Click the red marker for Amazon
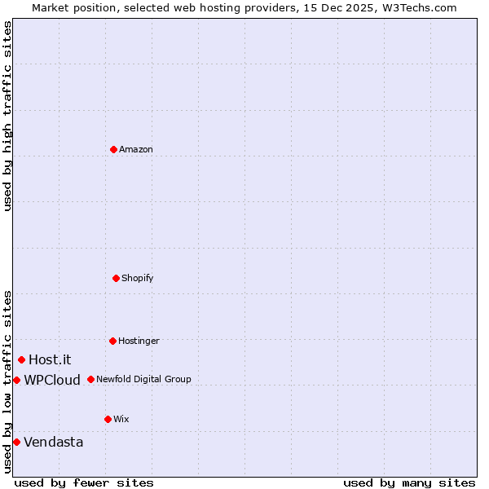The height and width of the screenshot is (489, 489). point(113,149)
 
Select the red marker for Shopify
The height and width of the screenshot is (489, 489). point(116,278)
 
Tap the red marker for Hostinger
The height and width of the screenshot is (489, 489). point(112,341)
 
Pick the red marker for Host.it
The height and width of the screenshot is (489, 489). point(21,359)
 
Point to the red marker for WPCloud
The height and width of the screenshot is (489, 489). point(16,380)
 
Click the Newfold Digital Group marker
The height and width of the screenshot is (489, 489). point(90,379)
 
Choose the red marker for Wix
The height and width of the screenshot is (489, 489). point(108,419)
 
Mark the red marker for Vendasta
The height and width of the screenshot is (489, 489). point(16,442)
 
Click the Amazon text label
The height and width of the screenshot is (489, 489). point(136,149)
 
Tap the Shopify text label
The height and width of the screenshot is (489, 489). point(138,278)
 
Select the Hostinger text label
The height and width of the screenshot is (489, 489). point(139,341)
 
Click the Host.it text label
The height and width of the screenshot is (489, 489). point(50,359)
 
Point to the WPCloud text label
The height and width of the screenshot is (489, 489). point(52,380)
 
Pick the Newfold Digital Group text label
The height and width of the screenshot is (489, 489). point(143,379)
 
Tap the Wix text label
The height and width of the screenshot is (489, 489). point(121,419)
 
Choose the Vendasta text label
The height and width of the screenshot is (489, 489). point(53,442)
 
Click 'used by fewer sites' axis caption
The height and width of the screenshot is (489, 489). point(84,482)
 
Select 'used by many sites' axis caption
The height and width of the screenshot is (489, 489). point(409,482)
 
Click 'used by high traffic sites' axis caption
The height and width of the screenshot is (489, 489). point(7,116)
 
